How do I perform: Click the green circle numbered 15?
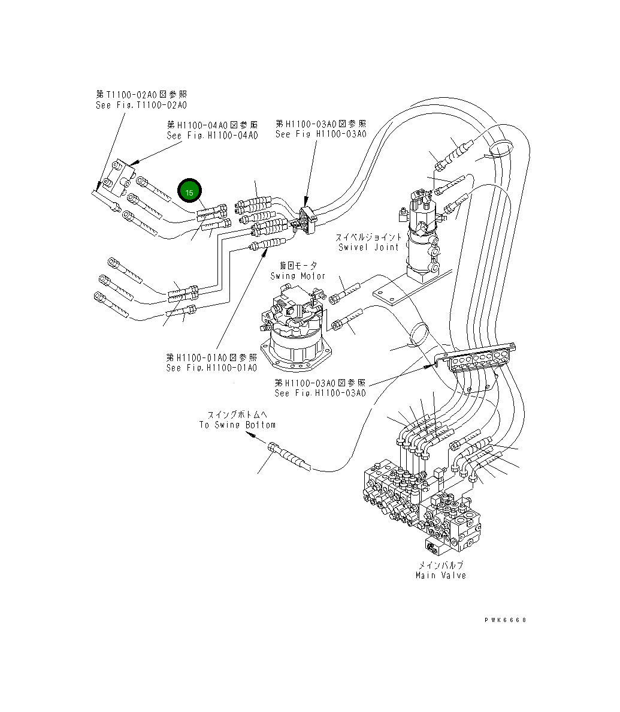click(189, 193)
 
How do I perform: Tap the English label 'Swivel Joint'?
click(368, 247)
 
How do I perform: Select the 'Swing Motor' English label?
click(298, 276)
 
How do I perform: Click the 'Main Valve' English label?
click(440, 575)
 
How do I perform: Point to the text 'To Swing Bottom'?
click(237, 425)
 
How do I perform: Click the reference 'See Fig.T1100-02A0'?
click(141, 105)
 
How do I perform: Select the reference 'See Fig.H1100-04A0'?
click(212, 136)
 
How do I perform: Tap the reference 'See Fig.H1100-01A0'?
click(211, 368)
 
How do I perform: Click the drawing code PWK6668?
click(506, 620)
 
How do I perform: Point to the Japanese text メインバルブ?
click(441, 564)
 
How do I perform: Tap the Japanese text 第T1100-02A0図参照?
click(141, 94)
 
